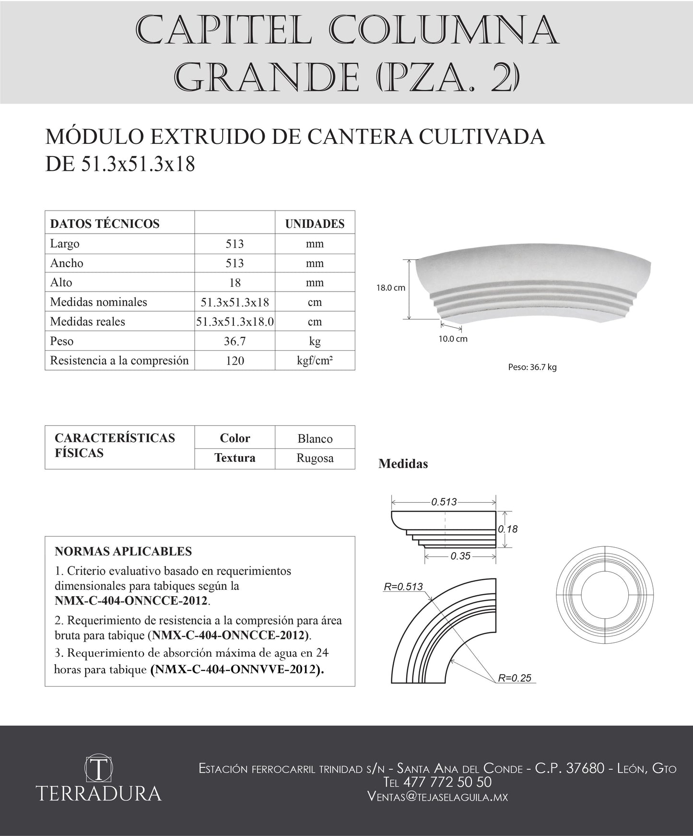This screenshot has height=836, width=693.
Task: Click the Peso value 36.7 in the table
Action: [235, 341]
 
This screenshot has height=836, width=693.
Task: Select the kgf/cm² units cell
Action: [315, 361]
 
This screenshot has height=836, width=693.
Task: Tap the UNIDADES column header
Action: [315, 224]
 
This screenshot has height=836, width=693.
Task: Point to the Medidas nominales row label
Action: [98, 302]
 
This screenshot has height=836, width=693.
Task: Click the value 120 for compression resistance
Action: [235, 361]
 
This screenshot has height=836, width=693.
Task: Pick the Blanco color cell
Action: [315, 438]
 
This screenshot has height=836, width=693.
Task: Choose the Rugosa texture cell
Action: [315, 458]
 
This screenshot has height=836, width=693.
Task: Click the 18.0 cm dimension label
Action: [390, 288]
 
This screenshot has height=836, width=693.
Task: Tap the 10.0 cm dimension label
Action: [453, 339]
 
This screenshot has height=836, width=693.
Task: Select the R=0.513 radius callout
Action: [403, 586]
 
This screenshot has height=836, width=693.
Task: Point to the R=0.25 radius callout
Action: [515, 678]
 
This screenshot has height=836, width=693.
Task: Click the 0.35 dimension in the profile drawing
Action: [460, 556]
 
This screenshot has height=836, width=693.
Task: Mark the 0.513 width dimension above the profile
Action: [444, 502]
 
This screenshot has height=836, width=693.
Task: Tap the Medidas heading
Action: [403, 464]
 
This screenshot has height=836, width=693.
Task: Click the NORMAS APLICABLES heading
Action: [123, 551]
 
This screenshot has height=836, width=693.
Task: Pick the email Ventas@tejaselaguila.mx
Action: [437, 797]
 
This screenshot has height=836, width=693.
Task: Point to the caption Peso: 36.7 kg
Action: [532, 367]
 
